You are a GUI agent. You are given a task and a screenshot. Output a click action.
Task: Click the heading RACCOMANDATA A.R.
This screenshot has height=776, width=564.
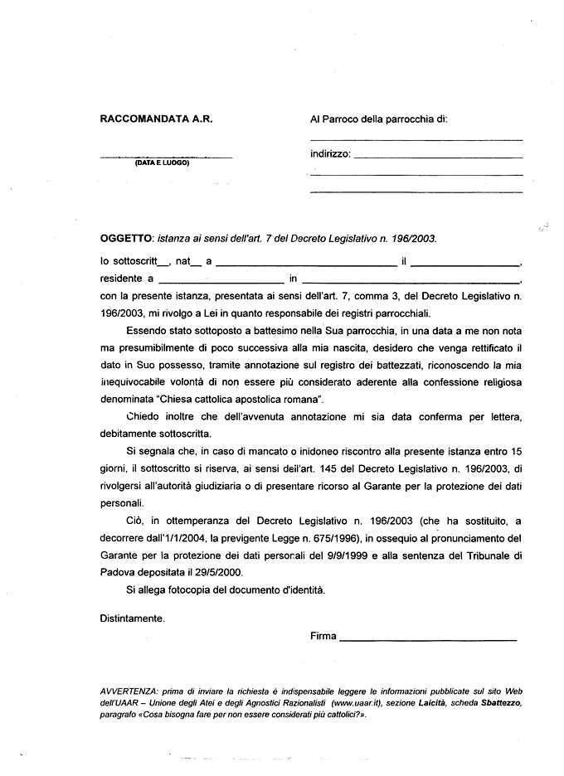156,119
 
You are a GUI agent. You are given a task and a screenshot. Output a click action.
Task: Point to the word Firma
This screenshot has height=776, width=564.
323,637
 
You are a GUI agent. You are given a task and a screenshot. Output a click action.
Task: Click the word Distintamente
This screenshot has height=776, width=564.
133,618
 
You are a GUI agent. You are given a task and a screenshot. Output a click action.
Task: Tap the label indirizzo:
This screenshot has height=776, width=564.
330,154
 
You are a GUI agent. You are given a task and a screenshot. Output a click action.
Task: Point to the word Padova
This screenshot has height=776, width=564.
119,572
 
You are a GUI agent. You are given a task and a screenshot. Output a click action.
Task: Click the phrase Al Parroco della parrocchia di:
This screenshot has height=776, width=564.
378,119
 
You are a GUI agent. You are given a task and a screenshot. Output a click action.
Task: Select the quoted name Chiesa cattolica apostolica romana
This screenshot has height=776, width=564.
241,399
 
